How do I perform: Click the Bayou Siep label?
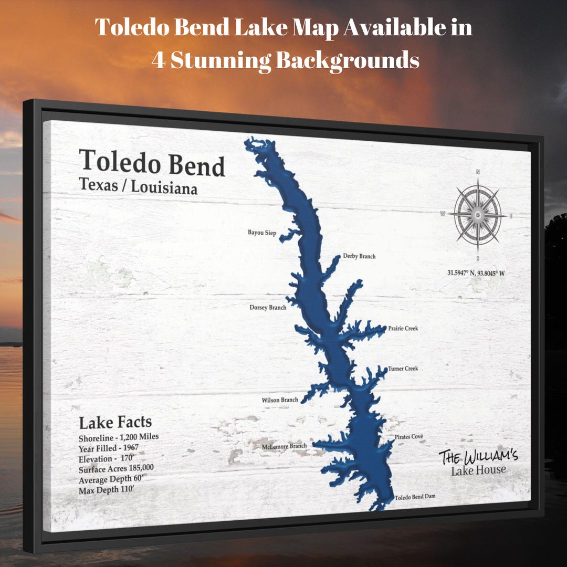(262, 233)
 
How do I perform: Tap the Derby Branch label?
(359, 256)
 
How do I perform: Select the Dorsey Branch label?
(268, 307)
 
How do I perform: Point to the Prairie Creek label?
(403, 329)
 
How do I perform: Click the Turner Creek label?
(403, 369)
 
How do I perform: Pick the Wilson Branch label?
(280, 400)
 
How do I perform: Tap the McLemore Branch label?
(284, 446)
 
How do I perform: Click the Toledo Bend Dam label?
(415, 497)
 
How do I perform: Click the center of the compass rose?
(477, 214)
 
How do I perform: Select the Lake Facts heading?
(115, 423)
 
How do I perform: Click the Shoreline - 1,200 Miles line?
(119, 437)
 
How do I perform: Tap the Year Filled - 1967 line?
(109, 448)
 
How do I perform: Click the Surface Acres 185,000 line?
(116, 469)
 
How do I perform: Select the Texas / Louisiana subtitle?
(138, 186)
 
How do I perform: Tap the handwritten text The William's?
(478, 456)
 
